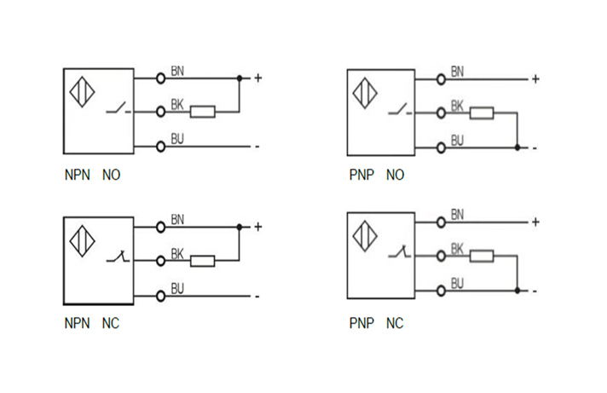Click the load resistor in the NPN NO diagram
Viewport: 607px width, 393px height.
tap(202, 112)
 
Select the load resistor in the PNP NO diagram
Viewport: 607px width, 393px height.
tap(482, 113)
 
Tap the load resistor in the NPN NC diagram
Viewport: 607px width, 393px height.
tap(202, 261)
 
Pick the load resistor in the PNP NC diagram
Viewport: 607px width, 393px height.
tap(482, 256)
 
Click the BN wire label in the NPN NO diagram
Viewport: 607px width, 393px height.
tap(177, 70)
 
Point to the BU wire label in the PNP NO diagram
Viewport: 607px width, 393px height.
tap(457, 140)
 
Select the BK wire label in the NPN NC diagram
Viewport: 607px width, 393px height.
tap(177, 253)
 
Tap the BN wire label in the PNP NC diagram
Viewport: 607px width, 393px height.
tap(457, 213)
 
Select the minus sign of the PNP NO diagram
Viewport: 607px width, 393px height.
tap(535, 148)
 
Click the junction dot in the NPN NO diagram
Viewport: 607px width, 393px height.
tap(240, 78)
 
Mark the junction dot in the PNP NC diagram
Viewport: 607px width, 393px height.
tap(517, 291)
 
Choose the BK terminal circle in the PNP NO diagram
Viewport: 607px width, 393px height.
tap(441, 113)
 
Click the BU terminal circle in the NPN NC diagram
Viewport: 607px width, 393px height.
tap(160, 296)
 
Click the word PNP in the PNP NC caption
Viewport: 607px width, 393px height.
tap(361, 324)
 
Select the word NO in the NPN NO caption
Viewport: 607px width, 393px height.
tap(112, 176)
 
